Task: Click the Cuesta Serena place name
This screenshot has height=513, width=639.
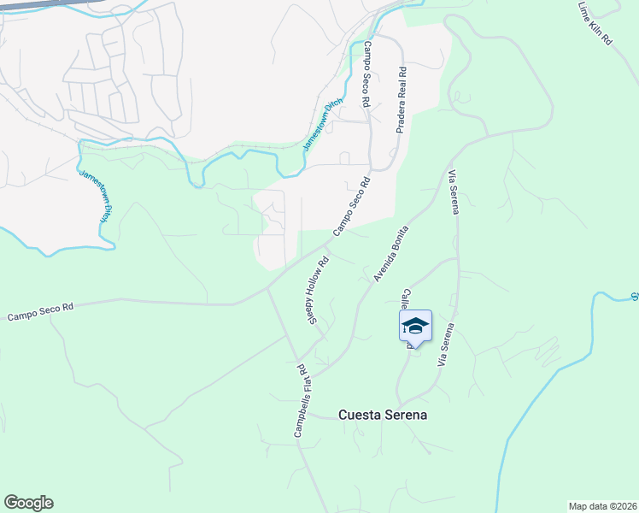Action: coord(382,415)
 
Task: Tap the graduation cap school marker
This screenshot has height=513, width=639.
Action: coord(415,326)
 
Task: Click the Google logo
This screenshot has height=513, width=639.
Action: coord(28,503)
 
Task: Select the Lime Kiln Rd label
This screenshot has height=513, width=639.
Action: coord(595,23)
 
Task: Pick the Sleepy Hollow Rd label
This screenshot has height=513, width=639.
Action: coord(318,292)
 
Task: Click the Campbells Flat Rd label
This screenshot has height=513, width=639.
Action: coord(301,401)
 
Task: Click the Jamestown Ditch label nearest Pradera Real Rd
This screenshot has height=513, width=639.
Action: coord(322,125)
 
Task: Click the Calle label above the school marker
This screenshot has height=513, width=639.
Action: coord(407,300)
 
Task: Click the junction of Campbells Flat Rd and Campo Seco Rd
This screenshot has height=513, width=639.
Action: coord(267,288)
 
